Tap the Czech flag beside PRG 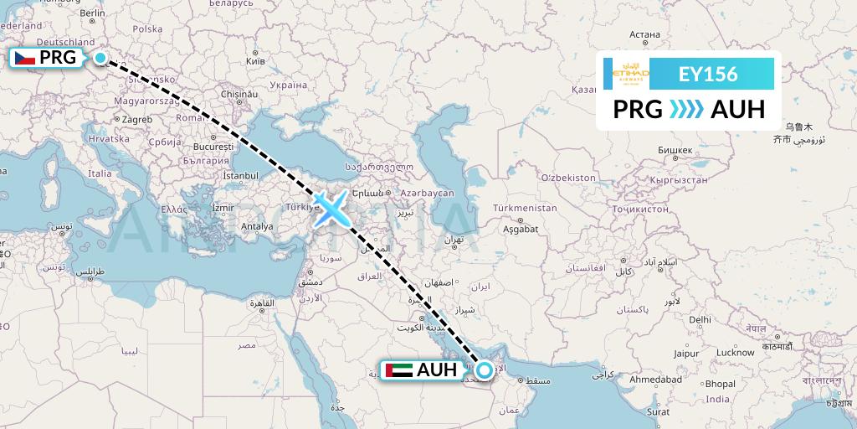[x=24, y=58]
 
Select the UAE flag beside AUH [x=399, y=370]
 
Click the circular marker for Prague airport [x=100, y=58]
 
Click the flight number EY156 [x=707, y=75]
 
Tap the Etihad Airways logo [x=631, y=75]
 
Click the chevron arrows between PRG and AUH [x=686, y=110]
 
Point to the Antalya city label [x=256, y=225]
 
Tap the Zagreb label [x=136, y=120]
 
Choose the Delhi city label [x=700, y=319]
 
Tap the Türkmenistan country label [x=525, y=207]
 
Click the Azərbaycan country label [x=426, y=193]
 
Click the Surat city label [x=659, y=412]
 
